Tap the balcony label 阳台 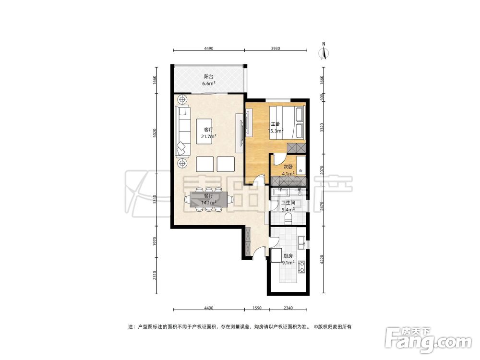[x=208, y=76]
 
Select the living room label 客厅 [x=208, y=130]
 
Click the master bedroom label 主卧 [x=275, y=124]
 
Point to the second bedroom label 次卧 [x=288, y=167]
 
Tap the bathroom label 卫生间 [x=288, y=203]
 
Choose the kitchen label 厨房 [x=288, y=256]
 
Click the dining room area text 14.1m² [x=209, y=203]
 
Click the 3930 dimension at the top [x=276, y=48]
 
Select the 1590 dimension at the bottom [x=257, y=308]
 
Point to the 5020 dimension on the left [x=155, y=132]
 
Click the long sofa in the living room [x=183, y=131]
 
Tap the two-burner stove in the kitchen [x=301, y=266]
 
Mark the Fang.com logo [x=428, y=339]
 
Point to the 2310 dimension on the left [x=155, y=276]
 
